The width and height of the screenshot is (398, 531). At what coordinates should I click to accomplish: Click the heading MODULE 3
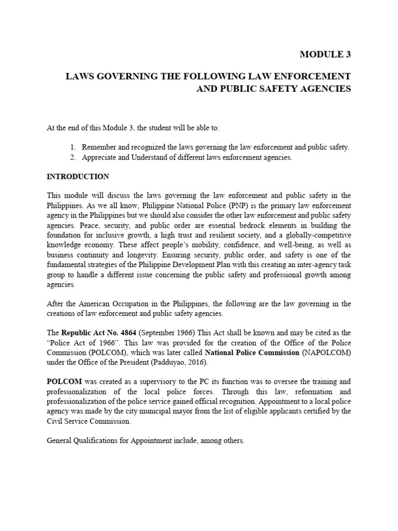click(x=326, y=54)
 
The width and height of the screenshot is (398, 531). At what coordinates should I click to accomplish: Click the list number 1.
click(x=73, y=147)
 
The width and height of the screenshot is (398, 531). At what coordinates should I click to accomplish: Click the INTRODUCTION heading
click(x=78, y=176)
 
